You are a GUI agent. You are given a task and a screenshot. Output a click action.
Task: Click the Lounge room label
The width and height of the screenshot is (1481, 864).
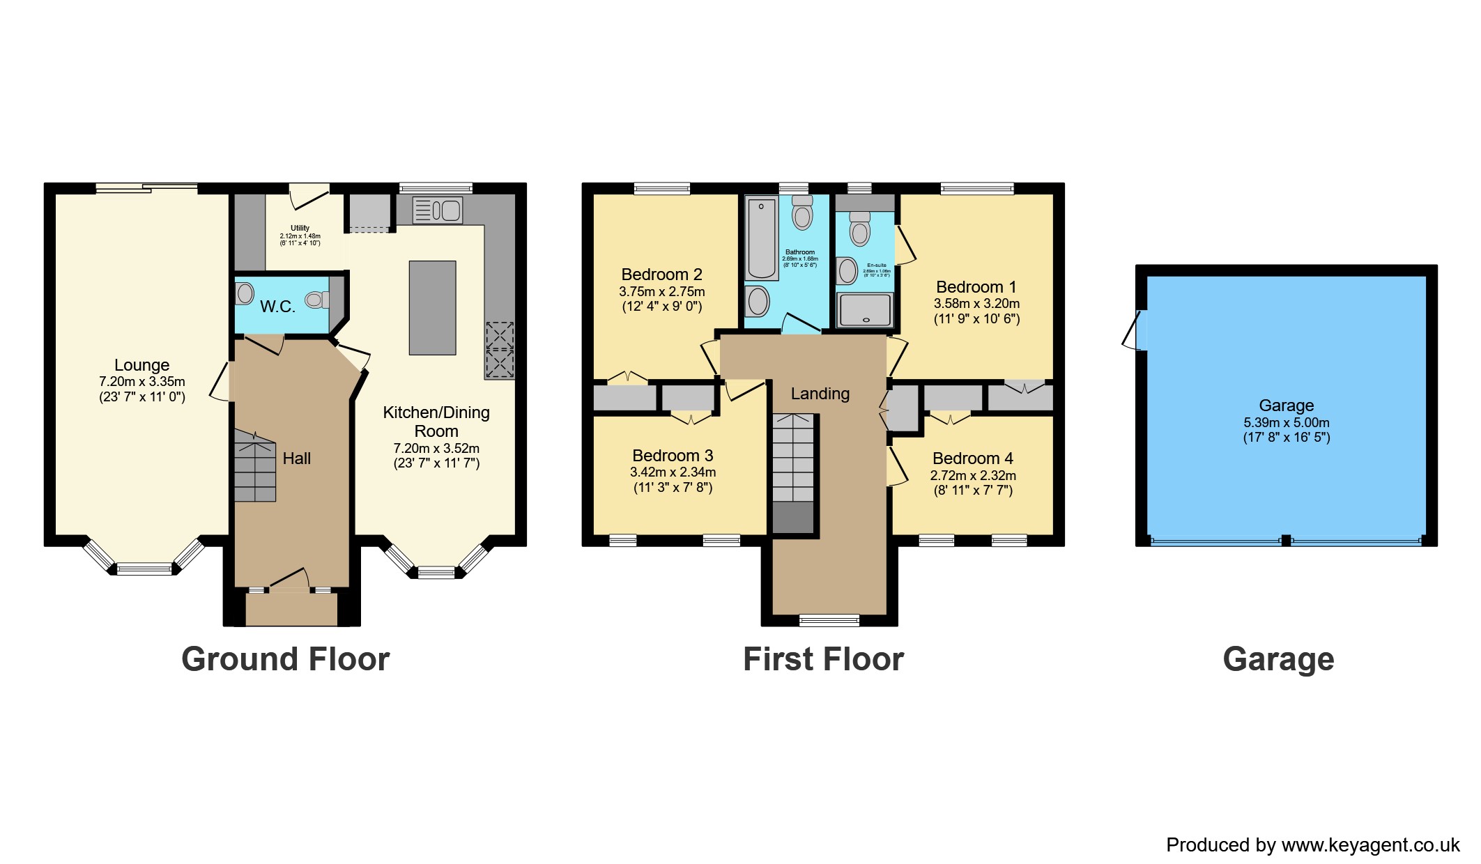(x=141, y=365)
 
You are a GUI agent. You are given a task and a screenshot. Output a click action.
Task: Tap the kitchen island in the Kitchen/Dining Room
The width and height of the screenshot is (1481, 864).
(x=432, y=308)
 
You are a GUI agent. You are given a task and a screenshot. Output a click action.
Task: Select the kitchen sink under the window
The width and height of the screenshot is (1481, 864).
(x=438, y=210)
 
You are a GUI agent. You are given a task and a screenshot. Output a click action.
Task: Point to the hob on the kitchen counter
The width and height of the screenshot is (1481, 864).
(x=500, y=350)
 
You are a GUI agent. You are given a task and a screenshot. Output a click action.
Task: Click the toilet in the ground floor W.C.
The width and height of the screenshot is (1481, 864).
(x=316, y=300)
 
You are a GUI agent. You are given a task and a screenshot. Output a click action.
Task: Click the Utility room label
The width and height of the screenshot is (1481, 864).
(x=300, y=228)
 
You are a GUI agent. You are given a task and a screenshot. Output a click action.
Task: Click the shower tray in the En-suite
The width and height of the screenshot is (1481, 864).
(x=865, y=310)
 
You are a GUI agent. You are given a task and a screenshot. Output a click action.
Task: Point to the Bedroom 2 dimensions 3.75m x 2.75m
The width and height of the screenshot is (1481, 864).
(x=661, y=292)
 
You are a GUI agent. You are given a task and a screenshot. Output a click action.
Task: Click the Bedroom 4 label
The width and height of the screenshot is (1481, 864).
(x=972, y=458)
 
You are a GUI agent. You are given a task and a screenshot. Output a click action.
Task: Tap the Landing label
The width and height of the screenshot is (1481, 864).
(x=820, y=394)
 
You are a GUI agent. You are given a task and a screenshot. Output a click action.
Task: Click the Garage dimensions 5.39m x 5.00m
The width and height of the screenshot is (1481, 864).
(x=1286, y=422)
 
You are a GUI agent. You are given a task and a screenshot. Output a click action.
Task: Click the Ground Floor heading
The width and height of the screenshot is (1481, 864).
(x=285, y=659)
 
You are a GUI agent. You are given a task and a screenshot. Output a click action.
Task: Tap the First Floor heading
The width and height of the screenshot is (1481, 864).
(x=823, y=659)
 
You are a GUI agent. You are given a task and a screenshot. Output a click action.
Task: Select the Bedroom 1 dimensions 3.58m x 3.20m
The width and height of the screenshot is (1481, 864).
(x=976, y=304)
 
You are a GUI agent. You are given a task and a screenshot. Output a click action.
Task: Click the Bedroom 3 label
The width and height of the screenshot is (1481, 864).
(x=673, y=456)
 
